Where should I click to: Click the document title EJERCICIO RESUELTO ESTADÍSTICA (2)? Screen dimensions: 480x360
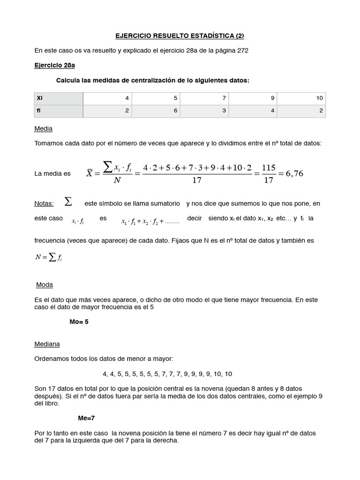(180, 36)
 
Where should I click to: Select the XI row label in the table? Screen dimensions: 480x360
(39, 98)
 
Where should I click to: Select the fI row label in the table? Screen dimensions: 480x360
(38, 111)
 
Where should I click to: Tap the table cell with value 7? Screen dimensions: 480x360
(204, 98)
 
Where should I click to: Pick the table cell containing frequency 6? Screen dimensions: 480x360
(156, 111)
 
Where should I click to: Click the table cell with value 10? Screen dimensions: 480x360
(301, 98)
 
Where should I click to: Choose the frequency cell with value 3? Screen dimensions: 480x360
(204, 111)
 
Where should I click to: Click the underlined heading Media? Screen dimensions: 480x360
(44, 128)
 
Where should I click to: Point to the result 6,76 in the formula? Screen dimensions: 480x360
(292, 173)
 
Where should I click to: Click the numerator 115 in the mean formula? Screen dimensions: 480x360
(268, 168)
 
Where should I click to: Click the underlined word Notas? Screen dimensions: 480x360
(44, 203)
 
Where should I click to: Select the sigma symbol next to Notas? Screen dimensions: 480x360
(68, 202)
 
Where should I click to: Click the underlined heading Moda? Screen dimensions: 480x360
(45, 285)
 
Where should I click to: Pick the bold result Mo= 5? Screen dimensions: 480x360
(78, 322)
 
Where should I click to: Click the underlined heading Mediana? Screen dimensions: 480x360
(47, 344)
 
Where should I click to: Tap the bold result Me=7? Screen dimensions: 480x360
(87, 417)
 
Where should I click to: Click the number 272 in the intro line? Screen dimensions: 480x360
(242, 51)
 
